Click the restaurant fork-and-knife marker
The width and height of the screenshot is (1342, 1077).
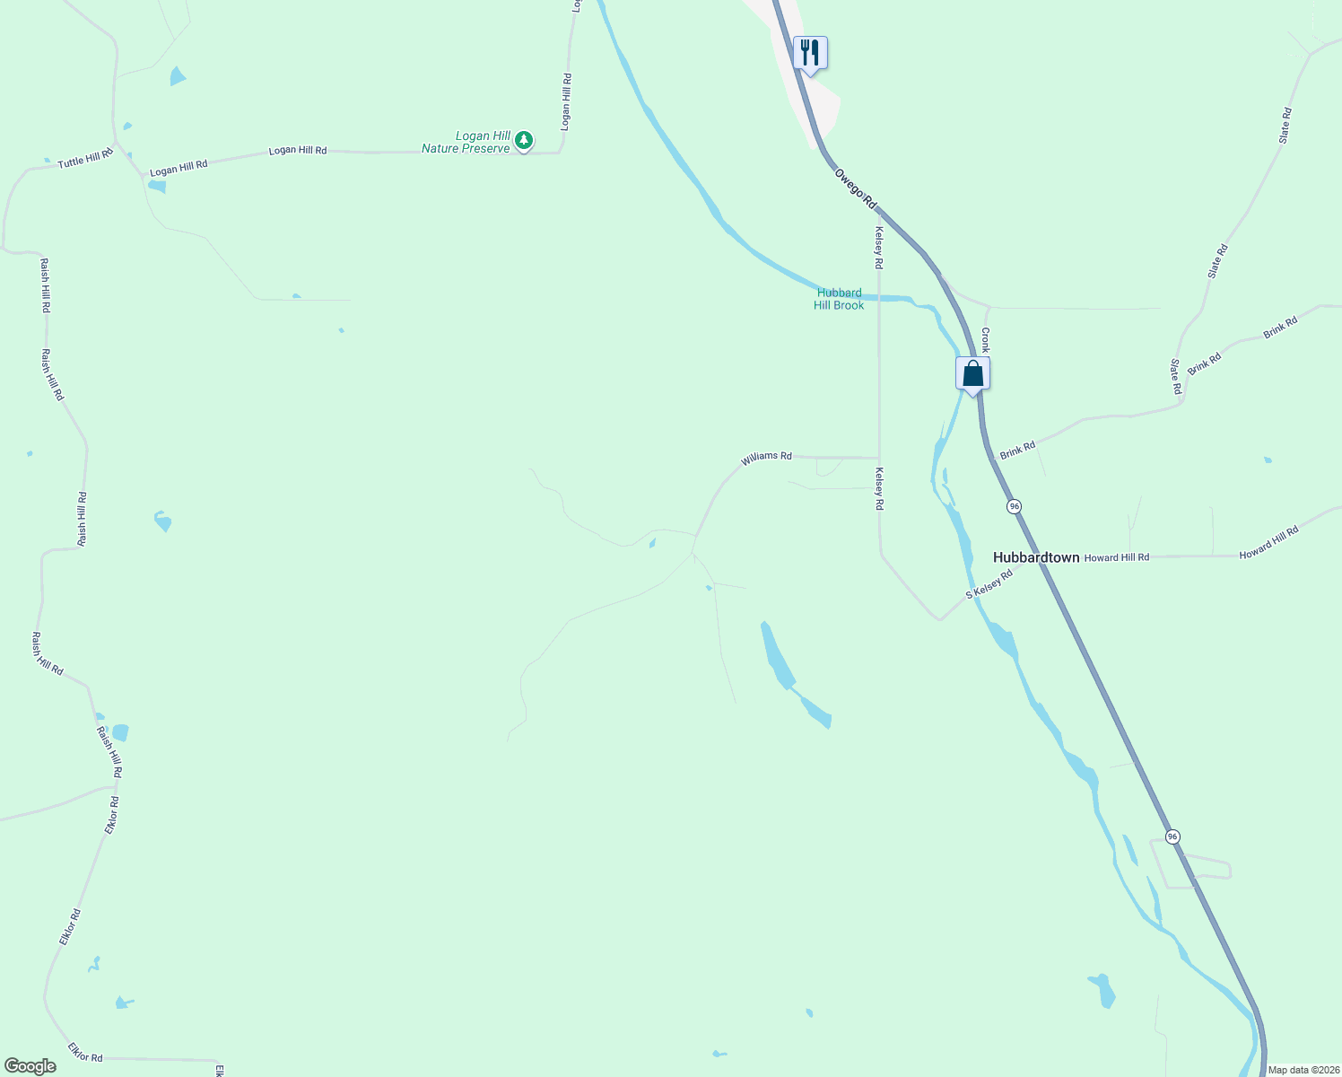tap(810, 53)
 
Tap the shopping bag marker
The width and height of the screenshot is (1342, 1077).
tap(972, 373)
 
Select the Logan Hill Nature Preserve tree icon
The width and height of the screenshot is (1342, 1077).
tap(524, 140)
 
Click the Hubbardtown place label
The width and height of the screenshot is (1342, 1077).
tap(1036, 557)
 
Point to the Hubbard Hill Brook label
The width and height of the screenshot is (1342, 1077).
tap(839, 299)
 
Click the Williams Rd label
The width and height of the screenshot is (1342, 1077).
tap(766, 458)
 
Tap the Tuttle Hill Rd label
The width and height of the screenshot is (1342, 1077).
tap(85, 159)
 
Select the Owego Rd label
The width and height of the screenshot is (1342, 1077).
tap(855, 189)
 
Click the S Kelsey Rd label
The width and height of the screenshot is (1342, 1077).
tap(989, 583)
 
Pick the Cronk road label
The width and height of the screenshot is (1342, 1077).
tap(985, 339)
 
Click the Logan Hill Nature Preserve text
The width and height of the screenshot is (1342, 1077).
tap(466, 143)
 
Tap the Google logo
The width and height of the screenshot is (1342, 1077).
tap(30, 1066)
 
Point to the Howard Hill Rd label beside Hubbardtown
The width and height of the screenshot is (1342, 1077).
tap(1116, 557)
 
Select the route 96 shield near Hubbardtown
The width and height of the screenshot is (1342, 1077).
tap(1014, 506)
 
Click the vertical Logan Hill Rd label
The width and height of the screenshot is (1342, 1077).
tap(565, 102)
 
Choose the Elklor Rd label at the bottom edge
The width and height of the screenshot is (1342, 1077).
tap(85, 1052)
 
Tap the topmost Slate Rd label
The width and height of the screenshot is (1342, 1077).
tap(1285, 126)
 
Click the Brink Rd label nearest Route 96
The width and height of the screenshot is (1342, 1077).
tap(1017, 450)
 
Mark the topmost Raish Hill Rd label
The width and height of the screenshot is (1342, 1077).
tap(45, 285)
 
